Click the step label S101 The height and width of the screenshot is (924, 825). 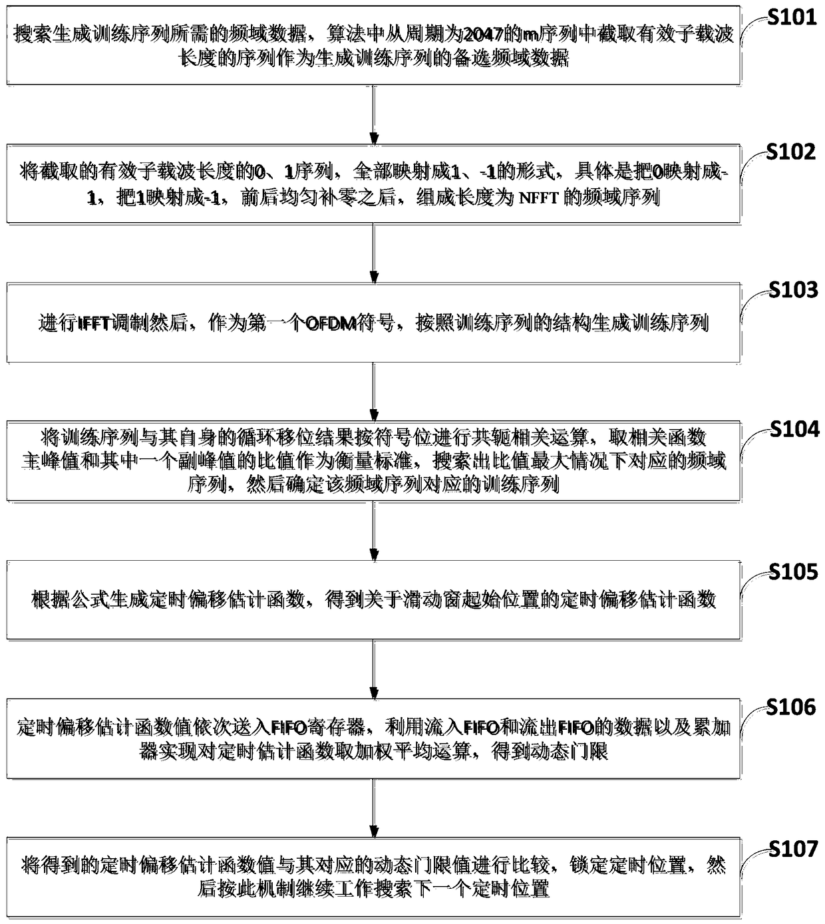[x=791, y=17]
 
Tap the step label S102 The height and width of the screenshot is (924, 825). [x=791, y=152]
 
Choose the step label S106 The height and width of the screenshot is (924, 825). [x=791, y=708]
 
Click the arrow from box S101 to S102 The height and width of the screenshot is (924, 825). [x=374, y=114]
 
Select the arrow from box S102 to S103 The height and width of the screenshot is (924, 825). [x=374, y=253]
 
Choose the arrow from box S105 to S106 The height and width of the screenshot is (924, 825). [x=374, y=669]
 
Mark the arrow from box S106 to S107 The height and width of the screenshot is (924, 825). [x=374, y=808]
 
